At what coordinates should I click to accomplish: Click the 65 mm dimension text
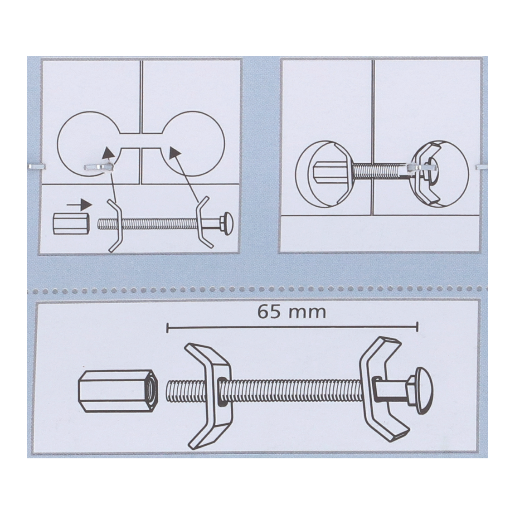(292, 312)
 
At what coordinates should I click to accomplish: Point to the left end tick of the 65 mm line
(168, 327)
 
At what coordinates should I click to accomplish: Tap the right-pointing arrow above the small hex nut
(79, 204)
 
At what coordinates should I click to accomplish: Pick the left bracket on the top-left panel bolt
(116, 224)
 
